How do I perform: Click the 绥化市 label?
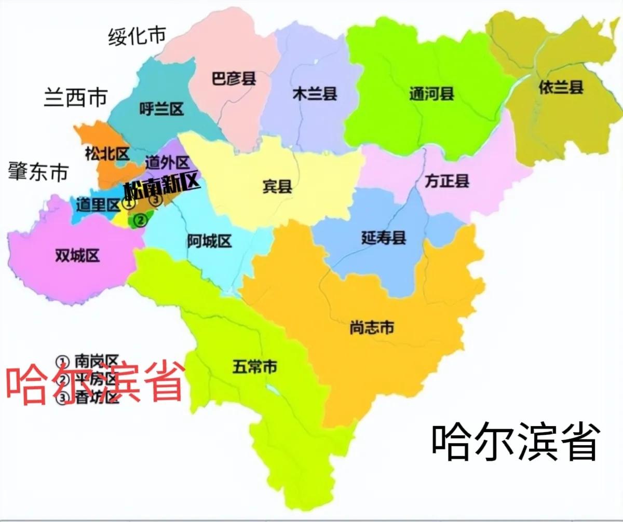pyautogui.click(x=137, y=36)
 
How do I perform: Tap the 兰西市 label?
pyautogui.click(x=75, y=98)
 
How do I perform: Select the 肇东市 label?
pyautogui.click(x=38, y=172)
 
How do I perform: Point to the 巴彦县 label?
pyautogui.click(x=234, y=79)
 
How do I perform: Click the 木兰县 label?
pyautogui.click(x=315, y=94)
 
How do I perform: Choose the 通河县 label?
pyautogui.click(x=431, y=94)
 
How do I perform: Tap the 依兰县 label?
pyautogui.click(x=561, y=87)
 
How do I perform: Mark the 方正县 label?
pyautogui.click(x=446, y=181)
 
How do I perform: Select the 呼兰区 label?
pyautogui.click(x=162, y=109)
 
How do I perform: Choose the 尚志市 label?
pyautogui.click(x=371, y=328)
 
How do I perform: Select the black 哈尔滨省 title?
pyautogui.click(x=516, y=443)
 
